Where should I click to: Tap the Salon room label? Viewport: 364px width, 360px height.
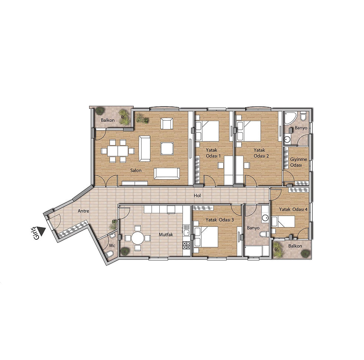(136, 171)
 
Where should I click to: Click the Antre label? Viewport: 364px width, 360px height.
(84, 211)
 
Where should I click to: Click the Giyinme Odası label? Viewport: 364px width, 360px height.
(299, 162)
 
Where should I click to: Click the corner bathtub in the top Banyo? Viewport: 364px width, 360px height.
(289, 118)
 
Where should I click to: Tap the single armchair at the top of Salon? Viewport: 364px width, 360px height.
(167, 123)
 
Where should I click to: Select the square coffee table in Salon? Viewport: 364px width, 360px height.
(166, 148)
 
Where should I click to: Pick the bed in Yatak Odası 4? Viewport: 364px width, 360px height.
(284, 222)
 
